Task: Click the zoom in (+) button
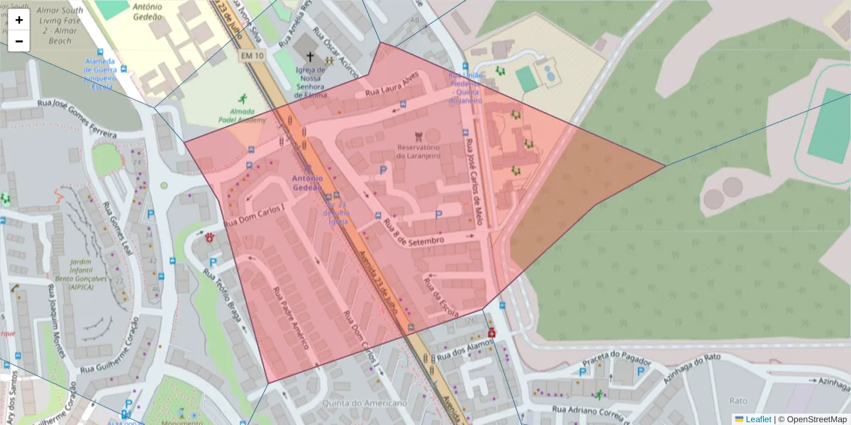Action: coord(19,20)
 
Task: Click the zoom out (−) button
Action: coord(19,41)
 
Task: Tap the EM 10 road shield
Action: coord(251,55)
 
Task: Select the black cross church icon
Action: coord(309,56)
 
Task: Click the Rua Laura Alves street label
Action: coord(387,88)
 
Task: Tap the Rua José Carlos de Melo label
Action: coord(473,181)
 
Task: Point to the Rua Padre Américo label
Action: coord(291,317)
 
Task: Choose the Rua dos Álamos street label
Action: coord(465,348)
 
